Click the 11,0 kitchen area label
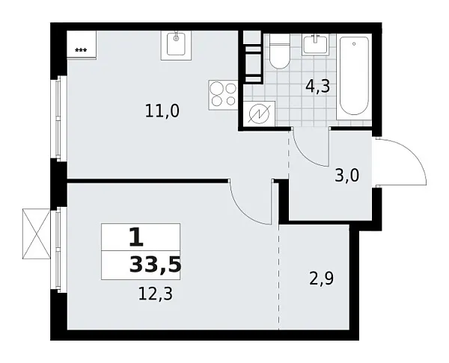163,111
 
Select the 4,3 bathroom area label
317,87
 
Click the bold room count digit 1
135,237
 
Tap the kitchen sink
177,45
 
